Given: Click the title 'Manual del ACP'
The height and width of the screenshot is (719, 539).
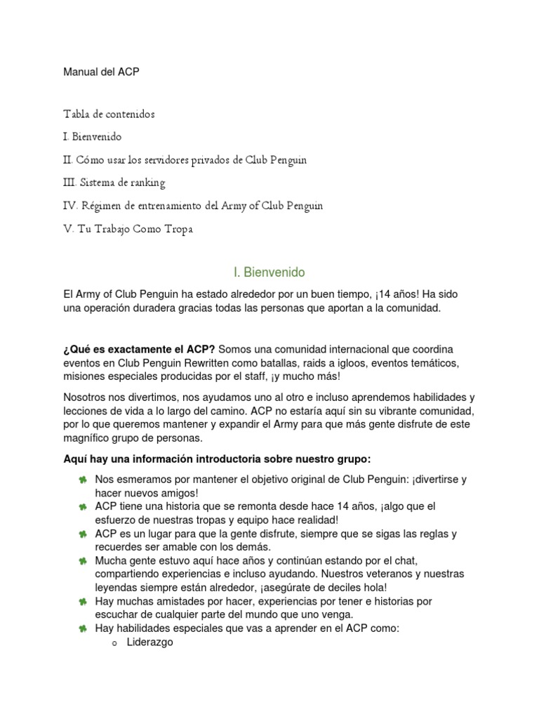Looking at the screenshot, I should pos(101,72).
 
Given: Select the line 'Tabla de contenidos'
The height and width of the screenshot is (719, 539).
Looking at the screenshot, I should pos(109,114).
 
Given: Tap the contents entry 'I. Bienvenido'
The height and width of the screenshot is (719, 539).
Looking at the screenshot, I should pos(92,136).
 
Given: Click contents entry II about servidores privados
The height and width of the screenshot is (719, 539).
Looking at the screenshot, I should pos(185,159).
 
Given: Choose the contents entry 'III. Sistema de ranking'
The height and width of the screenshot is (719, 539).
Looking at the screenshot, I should pos(114,183).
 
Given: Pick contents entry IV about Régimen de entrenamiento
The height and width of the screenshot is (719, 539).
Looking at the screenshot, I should pos(193,206).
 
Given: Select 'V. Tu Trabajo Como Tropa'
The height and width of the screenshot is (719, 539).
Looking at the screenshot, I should pos(128,229).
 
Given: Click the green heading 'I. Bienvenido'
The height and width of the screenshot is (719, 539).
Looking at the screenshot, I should pos(269,272).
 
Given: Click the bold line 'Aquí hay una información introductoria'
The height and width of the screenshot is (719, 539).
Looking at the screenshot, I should pos(217,459).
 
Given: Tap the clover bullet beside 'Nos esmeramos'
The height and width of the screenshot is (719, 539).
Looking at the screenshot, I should pos(83,480).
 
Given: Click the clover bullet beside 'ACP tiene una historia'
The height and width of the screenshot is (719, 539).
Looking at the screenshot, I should pos(83,506).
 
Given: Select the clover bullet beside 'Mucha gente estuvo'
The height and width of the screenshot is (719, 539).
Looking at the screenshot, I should pos(83,561).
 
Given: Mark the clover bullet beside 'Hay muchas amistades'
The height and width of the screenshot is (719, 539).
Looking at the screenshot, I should pos(83,602).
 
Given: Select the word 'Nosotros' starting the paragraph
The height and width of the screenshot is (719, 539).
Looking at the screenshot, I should pos(84,397).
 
